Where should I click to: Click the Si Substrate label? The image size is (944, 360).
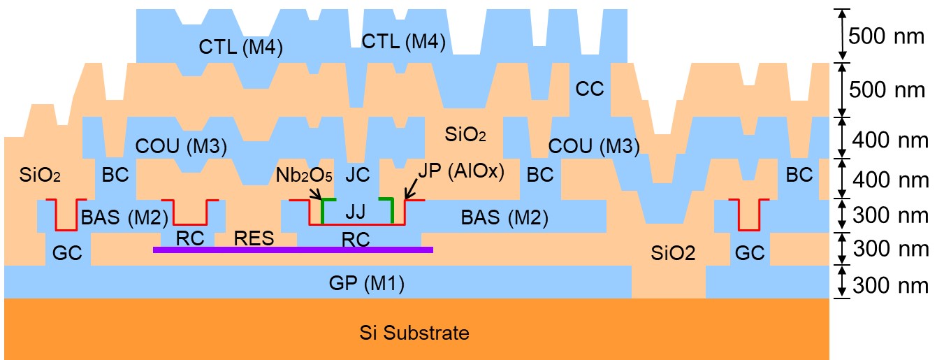(x=414, y=333)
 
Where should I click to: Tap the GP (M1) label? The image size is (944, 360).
(x=367, y=283)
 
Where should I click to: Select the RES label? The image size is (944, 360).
(x=254, y=238)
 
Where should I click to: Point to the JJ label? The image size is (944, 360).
(x=355, y=212)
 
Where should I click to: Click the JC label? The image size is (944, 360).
(x=357, y=174)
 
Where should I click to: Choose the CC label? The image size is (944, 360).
(x=590, y=89)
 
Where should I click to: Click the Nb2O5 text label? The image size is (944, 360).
(x=304, y=175)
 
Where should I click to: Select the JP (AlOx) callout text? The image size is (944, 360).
(x=461, y=171)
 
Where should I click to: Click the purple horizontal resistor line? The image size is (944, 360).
(x=293, y=250)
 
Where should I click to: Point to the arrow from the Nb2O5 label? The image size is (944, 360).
(x=315, y=193)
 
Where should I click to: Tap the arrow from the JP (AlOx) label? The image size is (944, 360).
(x=411, y=189)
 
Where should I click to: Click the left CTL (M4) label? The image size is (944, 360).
(x=240, y=47)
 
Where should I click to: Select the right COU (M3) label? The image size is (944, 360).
(x=594, y=146)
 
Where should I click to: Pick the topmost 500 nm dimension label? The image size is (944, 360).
(x=886, y=36)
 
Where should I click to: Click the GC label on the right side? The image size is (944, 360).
(x=749, y=253)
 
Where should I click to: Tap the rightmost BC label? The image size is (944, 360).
(x=799, y=175)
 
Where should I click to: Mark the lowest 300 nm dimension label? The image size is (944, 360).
(x=890, y=285)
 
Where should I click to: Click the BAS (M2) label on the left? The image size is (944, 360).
(x=124, y=217)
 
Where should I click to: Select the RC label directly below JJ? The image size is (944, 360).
(x=356, y=240)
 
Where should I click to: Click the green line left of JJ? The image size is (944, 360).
(x=323, y=210)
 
